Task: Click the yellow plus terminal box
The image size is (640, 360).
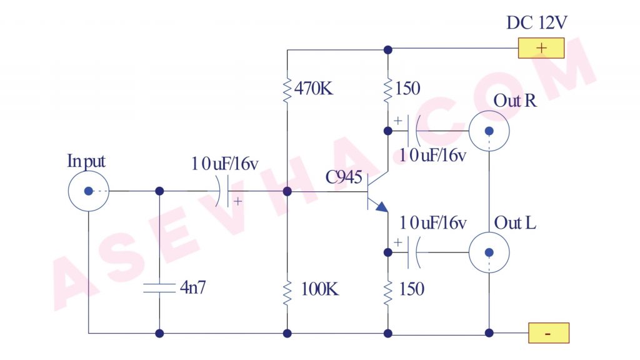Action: (541, 48)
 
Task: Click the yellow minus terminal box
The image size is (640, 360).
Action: (548, 333)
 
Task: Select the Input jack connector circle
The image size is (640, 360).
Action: (88, 191)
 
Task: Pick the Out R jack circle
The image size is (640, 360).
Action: (489, 131)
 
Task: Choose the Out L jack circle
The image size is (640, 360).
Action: (489, 252)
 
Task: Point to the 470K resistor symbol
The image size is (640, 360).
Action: (287, 89)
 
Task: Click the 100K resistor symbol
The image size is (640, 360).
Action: (287, 292)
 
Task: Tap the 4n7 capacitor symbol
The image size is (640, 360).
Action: (159, 288)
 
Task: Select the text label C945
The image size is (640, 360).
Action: (344, 178)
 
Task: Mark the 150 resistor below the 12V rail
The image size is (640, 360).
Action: (388, 89)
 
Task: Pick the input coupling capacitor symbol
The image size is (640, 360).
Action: (223, 191)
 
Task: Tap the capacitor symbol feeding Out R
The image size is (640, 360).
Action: (413, 131)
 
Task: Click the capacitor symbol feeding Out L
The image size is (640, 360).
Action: (413, 252)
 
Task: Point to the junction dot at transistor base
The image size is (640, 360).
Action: (287, 191)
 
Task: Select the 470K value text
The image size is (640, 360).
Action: (316, 89)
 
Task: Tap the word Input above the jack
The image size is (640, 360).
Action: (86, 161)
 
